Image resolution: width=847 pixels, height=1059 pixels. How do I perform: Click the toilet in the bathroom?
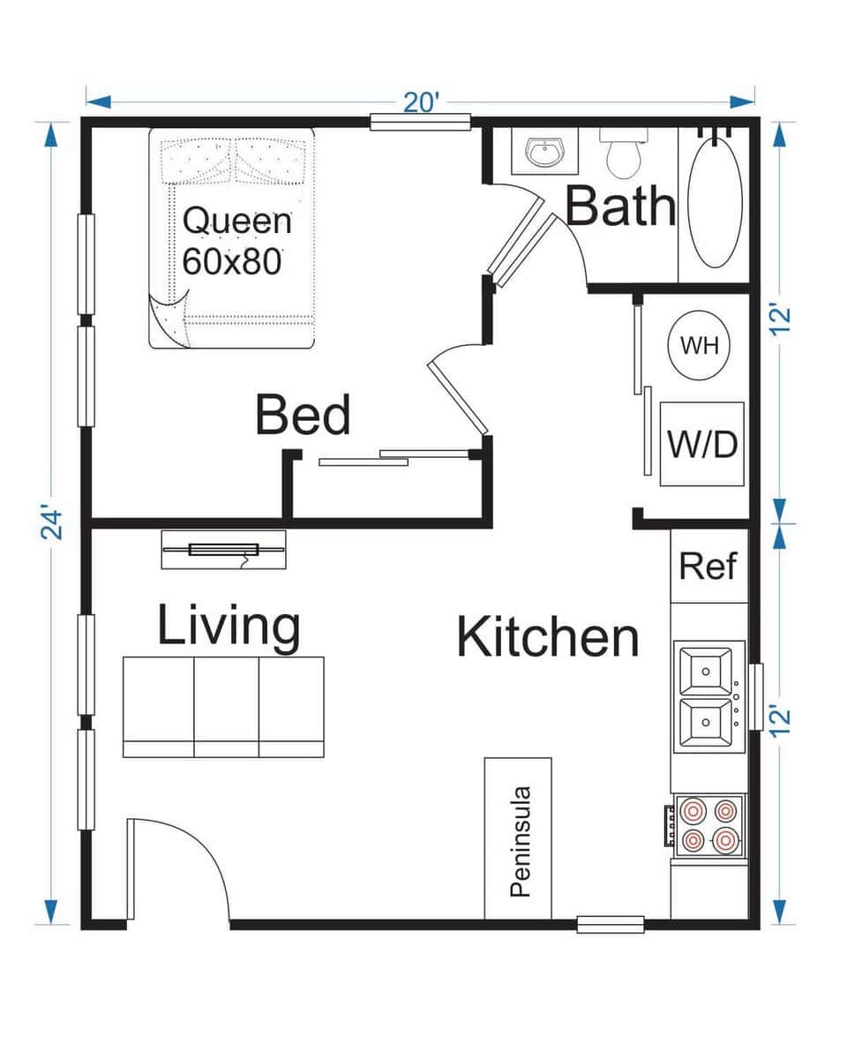click(624, 153)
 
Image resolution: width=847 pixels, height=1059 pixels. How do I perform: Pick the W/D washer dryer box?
click(702, 444)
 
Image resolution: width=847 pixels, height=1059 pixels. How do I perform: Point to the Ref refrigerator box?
click(708, 567)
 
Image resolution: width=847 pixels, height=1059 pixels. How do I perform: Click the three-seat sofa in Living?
click(223, 706)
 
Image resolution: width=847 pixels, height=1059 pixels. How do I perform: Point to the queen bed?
click(232, 238)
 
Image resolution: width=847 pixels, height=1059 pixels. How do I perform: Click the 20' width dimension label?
click(422, 102)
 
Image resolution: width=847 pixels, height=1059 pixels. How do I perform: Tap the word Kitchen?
click(547, 637)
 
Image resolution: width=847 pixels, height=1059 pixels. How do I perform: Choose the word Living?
click(229, 626)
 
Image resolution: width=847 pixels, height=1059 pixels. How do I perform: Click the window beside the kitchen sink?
click(756, 697)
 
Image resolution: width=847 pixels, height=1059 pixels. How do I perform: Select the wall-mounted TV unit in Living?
click(223, 550)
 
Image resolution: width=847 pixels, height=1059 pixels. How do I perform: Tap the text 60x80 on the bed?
click(232, 261)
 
